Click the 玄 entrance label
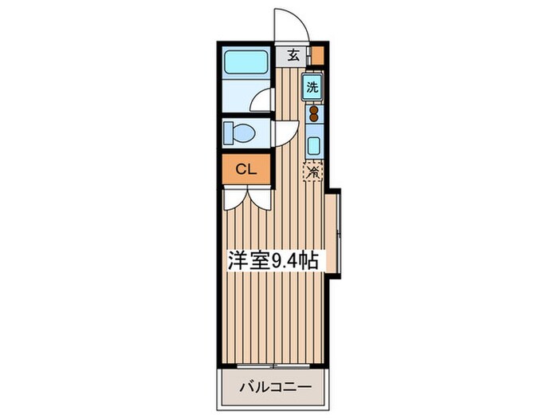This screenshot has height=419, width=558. click(x=293, y=56)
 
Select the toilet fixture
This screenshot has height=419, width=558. click(x=242, y=132)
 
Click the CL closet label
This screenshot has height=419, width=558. click(x=246, y=168)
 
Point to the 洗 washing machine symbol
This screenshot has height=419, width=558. click(x=313, y=86)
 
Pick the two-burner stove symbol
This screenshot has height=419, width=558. click(x=313, y=114)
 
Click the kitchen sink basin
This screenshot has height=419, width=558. click(x=313, y=146)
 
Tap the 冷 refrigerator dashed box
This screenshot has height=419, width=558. click(x=313, y=171)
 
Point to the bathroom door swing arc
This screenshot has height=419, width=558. click(x=261, y=101)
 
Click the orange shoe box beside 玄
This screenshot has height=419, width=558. click(x=317, y=56)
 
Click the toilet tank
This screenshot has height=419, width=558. click(x=227, y=132)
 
